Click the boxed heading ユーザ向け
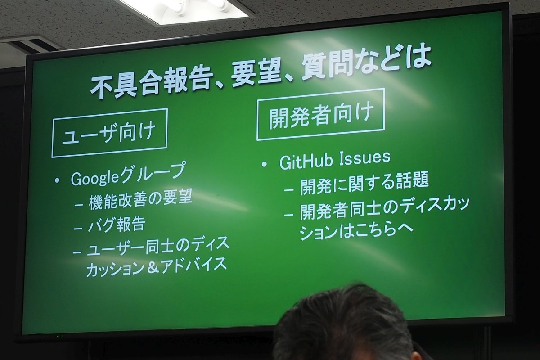109,133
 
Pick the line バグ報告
117,224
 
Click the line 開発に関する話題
364,183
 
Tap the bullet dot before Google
57,180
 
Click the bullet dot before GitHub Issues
265,165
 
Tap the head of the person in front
342,323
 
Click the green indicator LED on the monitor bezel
58,336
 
